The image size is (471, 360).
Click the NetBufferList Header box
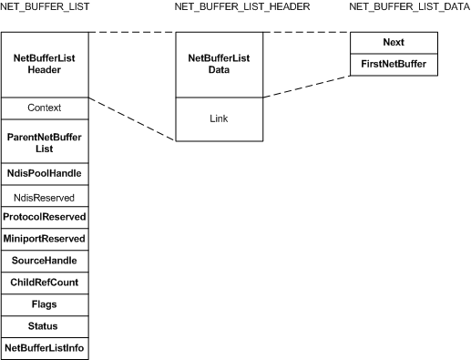tap(45, 64)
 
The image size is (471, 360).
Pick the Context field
tap(45, 108)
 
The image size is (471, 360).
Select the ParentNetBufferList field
tap(45, 141)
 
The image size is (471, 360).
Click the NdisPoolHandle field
tap(45, 173)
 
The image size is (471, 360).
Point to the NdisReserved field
tap(45, 196)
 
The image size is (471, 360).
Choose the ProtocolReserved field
tap(45, 217)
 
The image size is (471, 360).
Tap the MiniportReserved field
tap(45, 239)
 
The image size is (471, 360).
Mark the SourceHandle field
tap(45, 261)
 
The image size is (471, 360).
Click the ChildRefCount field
tap(45, 283)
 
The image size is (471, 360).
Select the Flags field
tap(45, 304)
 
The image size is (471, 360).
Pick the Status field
tap(45, 326)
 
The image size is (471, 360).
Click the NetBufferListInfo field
tap(45, 348)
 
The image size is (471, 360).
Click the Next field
tap(394, 43)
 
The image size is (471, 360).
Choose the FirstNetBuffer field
tap(394, 65)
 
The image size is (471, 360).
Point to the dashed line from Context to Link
tap(132, 118)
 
